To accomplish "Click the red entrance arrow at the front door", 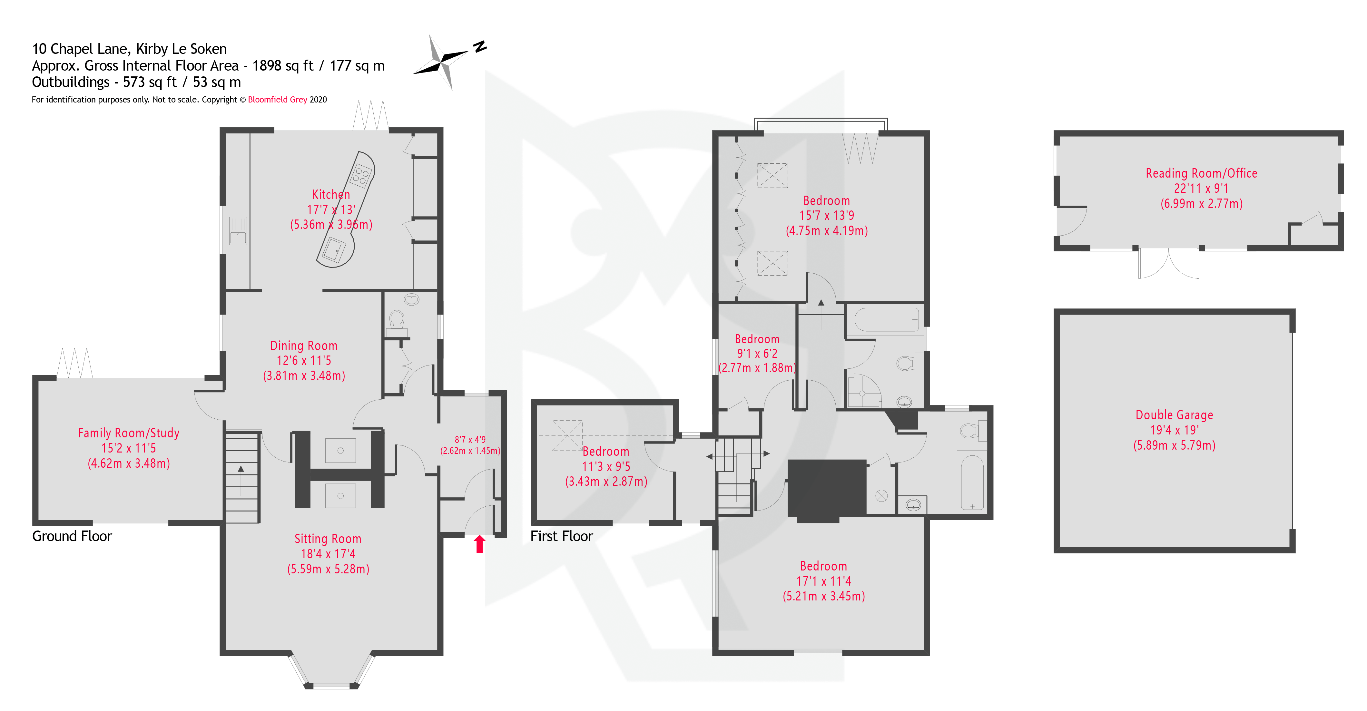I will tap(479, 544).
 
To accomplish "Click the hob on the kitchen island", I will tap(362, 175).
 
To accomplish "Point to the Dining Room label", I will tap(303, 346).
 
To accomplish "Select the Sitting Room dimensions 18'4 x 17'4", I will tap(328, 554).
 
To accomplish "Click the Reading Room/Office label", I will tap(1201, 173).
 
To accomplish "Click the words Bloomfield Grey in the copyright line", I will tap(277, 100).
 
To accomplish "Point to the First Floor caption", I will tap(561, 536).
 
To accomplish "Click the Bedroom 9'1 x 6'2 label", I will tap(757, 339).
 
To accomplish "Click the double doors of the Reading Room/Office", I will tap(1168, 264).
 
